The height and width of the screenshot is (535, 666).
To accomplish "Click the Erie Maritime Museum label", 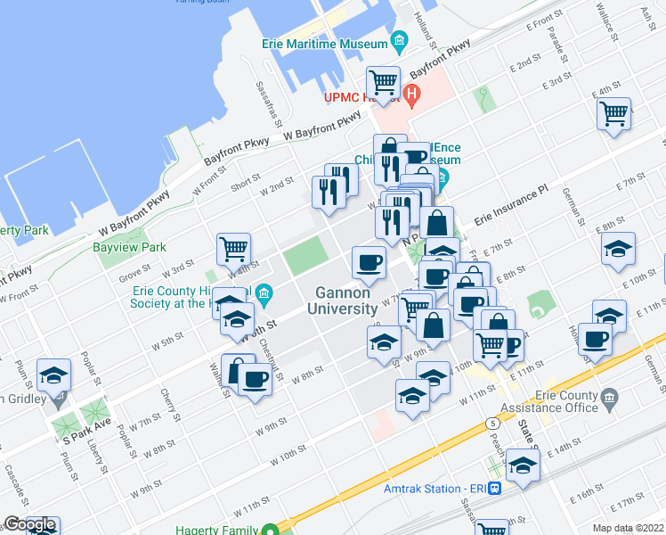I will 324,43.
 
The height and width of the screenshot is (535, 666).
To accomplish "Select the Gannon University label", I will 342,300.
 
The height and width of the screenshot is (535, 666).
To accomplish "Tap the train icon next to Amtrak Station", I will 495,489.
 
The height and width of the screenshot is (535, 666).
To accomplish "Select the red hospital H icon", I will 411,92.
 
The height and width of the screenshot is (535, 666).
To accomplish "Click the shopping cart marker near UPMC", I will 383,82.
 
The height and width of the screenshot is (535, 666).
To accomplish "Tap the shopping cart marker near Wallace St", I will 613,112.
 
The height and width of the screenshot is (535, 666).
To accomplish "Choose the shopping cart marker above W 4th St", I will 233,248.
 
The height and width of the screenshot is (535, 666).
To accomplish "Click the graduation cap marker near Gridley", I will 53,374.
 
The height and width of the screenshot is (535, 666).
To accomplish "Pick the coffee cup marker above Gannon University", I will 368,261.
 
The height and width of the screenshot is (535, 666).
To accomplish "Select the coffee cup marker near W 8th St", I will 255,378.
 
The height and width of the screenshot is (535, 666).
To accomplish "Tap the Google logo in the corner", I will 29,525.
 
